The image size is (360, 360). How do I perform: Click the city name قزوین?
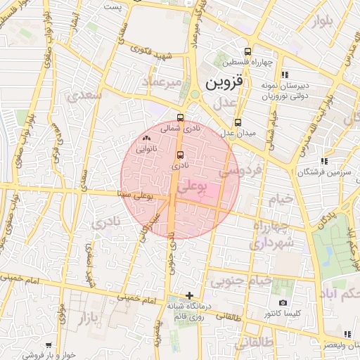click(x=224, y=82)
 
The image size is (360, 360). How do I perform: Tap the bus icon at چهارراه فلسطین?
click(x=247, y=51)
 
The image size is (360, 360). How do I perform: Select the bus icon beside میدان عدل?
click(x=238, y=122)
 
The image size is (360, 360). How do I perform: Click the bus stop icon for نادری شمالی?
click(x=181, y=117)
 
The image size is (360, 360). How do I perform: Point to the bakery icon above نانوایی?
click(x=146, y=139)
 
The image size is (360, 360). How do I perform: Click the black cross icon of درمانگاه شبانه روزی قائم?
click(x=188, y=295)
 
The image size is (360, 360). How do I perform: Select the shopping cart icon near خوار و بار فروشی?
click(x=49, y=345)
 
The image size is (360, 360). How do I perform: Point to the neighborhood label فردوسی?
click(x=240, y=169)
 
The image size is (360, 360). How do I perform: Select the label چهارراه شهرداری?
click(x=271, y=236)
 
